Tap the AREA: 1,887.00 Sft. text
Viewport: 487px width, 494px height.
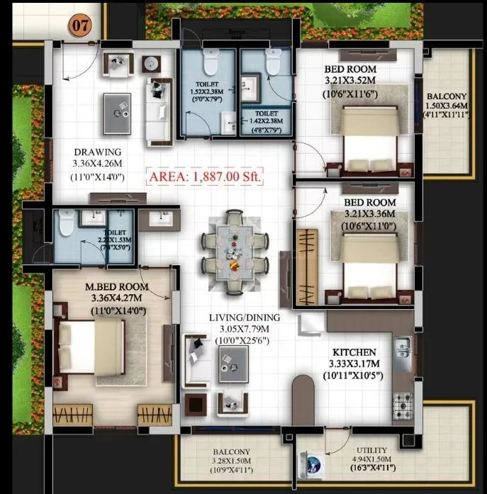click(x=205, y=176)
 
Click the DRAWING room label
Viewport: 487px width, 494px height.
click(x=98, y=152)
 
